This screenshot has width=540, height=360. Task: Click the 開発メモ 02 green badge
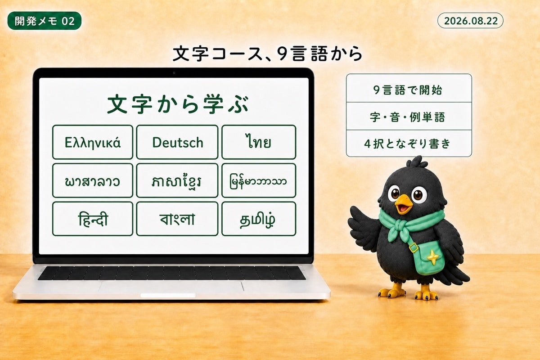[x=45, y=21]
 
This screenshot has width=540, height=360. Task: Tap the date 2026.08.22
[x=470, y=21]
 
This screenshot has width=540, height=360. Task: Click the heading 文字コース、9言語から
[x=268, y=54]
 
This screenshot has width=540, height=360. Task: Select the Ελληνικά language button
[x=93, y=142]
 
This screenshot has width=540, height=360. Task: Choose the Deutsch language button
[x=177, y=142]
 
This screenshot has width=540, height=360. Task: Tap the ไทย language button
[x=259, y=142]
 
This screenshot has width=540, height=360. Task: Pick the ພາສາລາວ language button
[x=93, y=180]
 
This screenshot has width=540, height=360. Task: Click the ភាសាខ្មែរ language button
[x=177, y=180]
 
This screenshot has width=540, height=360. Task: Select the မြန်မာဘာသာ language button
[x=259, y=180]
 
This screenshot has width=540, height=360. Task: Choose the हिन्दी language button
[x=93, y=219]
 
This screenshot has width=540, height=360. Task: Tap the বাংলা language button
[x=177, y=219]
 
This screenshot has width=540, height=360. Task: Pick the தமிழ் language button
[x=259, y=219]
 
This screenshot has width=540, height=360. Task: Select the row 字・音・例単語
[x=409, y=116]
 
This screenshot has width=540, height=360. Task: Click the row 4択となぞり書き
[x=409, y=144]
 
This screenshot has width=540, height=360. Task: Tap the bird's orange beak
[x=403, y=204]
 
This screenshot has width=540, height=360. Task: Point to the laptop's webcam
[x=174, y=73]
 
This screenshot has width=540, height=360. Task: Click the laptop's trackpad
[x=171, y=287]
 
